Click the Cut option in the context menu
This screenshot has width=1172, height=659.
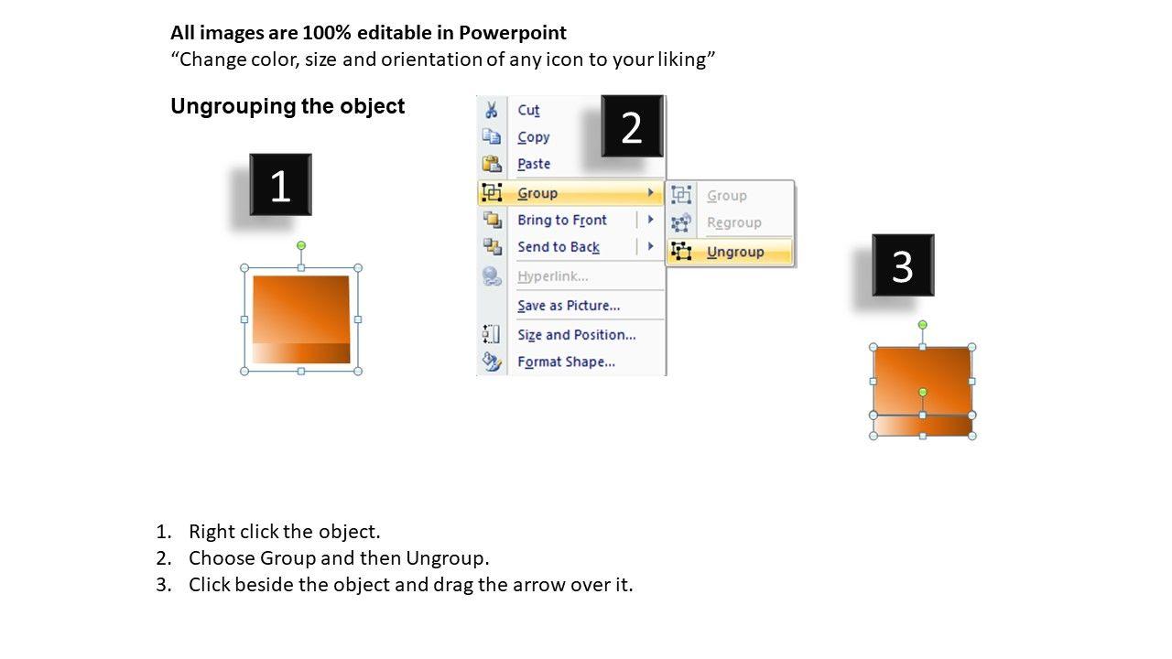pos(528,110)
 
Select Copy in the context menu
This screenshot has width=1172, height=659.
pos(533,137)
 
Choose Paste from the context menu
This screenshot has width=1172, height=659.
pos(534,164)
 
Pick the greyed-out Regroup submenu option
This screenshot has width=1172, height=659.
pos(733,222)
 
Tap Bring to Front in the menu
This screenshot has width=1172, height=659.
pos(562,220)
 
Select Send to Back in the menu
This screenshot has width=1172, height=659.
pos(559,247)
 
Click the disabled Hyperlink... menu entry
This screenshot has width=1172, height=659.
pos(552,276)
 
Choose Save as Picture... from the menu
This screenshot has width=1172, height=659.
pos(569,306)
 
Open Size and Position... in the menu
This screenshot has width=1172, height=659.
pos(577,335)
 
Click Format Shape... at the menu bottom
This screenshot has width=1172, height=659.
pos(566,362)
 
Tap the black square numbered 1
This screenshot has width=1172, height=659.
pos(280,185)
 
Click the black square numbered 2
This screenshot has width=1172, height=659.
pos(632,126)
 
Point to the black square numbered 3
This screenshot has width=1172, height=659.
pos(903,265)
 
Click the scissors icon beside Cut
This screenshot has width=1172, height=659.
pos(492,110)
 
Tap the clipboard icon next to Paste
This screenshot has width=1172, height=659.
pos(492,164)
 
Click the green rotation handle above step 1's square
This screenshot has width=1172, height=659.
pos(301,245)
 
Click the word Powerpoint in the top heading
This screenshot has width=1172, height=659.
pos(512,33)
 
